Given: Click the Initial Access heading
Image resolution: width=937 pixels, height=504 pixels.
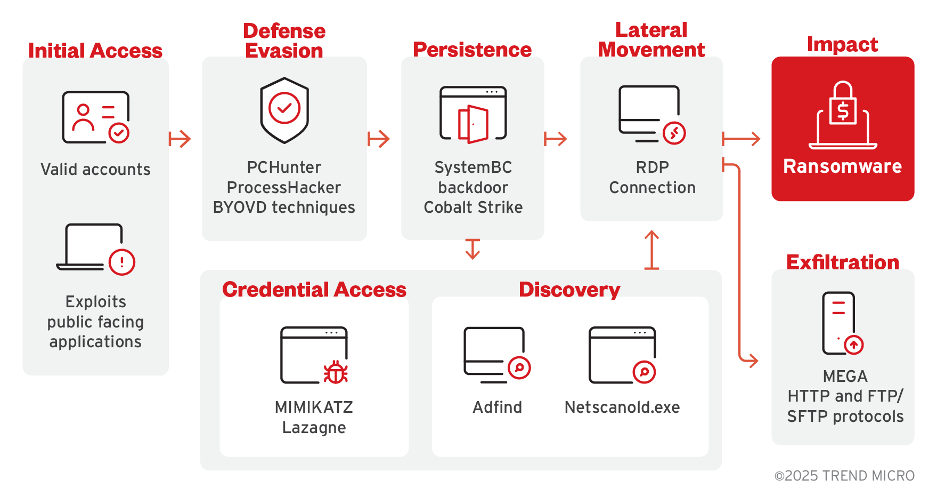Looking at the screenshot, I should pos(95,51).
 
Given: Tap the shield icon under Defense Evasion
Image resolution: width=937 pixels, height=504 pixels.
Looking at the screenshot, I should pos(284,110).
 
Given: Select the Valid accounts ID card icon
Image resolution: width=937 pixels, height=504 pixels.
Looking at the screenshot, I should pos(96,117).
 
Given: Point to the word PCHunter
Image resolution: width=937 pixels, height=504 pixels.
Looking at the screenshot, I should pos(284,167).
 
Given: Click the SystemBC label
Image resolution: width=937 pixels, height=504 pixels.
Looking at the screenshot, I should pos(473,167).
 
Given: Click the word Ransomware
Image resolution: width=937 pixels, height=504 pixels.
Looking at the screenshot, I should pos(842,166).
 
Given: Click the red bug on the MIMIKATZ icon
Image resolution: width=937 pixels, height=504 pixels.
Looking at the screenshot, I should pos(336,372).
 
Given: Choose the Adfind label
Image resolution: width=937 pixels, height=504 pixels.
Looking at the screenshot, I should pos(498,407).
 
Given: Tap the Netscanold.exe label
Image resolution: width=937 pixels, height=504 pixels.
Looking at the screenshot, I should pos(622,407).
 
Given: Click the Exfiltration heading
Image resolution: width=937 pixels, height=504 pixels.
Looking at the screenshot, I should pos(843,262).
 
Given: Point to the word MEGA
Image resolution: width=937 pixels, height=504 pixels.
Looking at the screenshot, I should pos(845,377).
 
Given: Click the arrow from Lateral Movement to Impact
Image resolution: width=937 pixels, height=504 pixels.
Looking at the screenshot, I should pos(741,139).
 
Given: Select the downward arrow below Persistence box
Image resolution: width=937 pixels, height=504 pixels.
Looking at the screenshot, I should pos(472,249).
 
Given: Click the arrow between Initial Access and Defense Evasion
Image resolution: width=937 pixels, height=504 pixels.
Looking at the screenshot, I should pos(180,139).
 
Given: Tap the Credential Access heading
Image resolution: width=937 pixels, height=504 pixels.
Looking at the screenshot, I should pos(314,290).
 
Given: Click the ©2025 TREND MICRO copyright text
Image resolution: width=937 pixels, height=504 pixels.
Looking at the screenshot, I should pos(844,476).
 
